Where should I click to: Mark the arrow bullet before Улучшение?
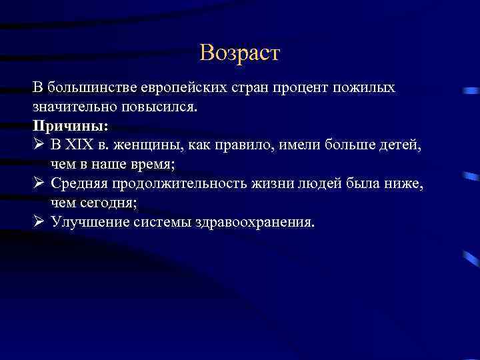tap(38, 220)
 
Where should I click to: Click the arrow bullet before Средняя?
tap(38, 182)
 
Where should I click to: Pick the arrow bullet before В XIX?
tap(38, 144)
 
